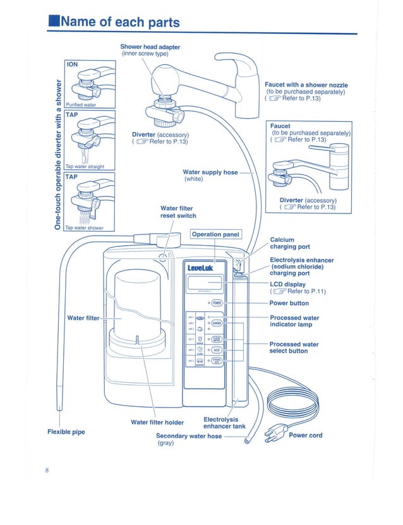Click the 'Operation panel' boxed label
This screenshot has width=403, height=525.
point(215,234)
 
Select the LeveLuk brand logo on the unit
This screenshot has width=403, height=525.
point(200,269)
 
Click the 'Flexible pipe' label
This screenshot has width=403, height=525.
point(66,432)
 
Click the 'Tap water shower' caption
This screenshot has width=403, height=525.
point(85,227)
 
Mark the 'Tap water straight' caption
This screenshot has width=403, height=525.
point(85,167)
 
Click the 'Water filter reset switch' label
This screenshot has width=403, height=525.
point(178,212)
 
